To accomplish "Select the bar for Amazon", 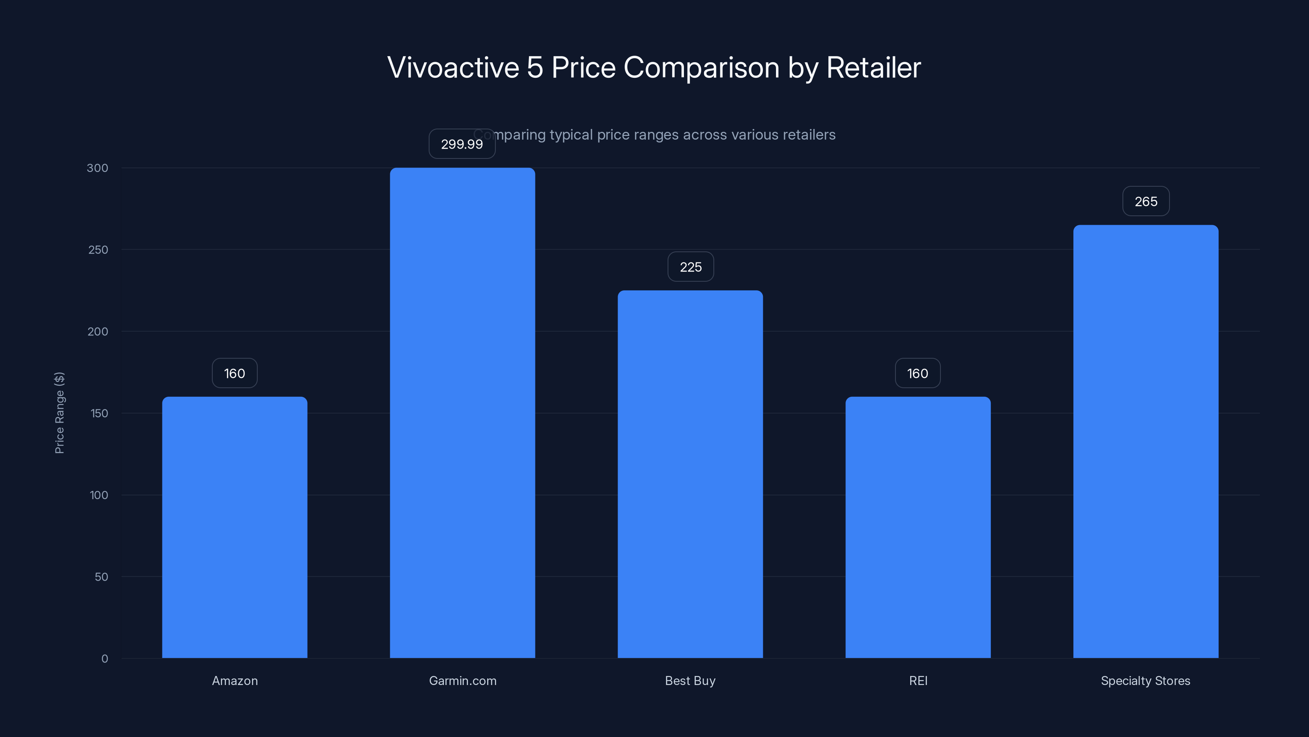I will [x=234, y=527].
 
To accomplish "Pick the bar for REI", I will [x=918, y=527].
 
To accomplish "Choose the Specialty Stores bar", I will [x=1145, y=441].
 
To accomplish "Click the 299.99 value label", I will [x=461, y=144].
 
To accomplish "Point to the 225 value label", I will [x=690, y=267].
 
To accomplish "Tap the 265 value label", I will [x=1146, y=201].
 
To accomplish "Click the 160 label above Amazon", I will [x=234, y=373].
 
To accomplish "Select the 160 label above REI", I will [x=917, y=373].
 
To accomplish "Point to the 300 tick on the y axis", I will [x=98, y=168].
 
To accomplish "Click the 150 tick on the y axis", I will [x=99, y=413].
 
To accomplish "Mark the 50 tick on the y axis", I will [x=101, y=577].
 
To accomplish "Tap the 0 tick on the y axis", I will [x=105, y=659].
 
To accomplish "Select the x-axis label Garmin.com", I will [x=462, y=680].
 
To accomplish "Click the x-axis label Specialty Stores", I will [x=1145, y=680].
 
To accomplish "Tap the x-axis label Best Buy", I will [x=690, y=680].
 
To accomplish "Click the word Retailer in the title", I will [x=873, y=68].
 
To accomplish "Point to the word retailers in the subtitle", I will [x=804, y=135].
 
